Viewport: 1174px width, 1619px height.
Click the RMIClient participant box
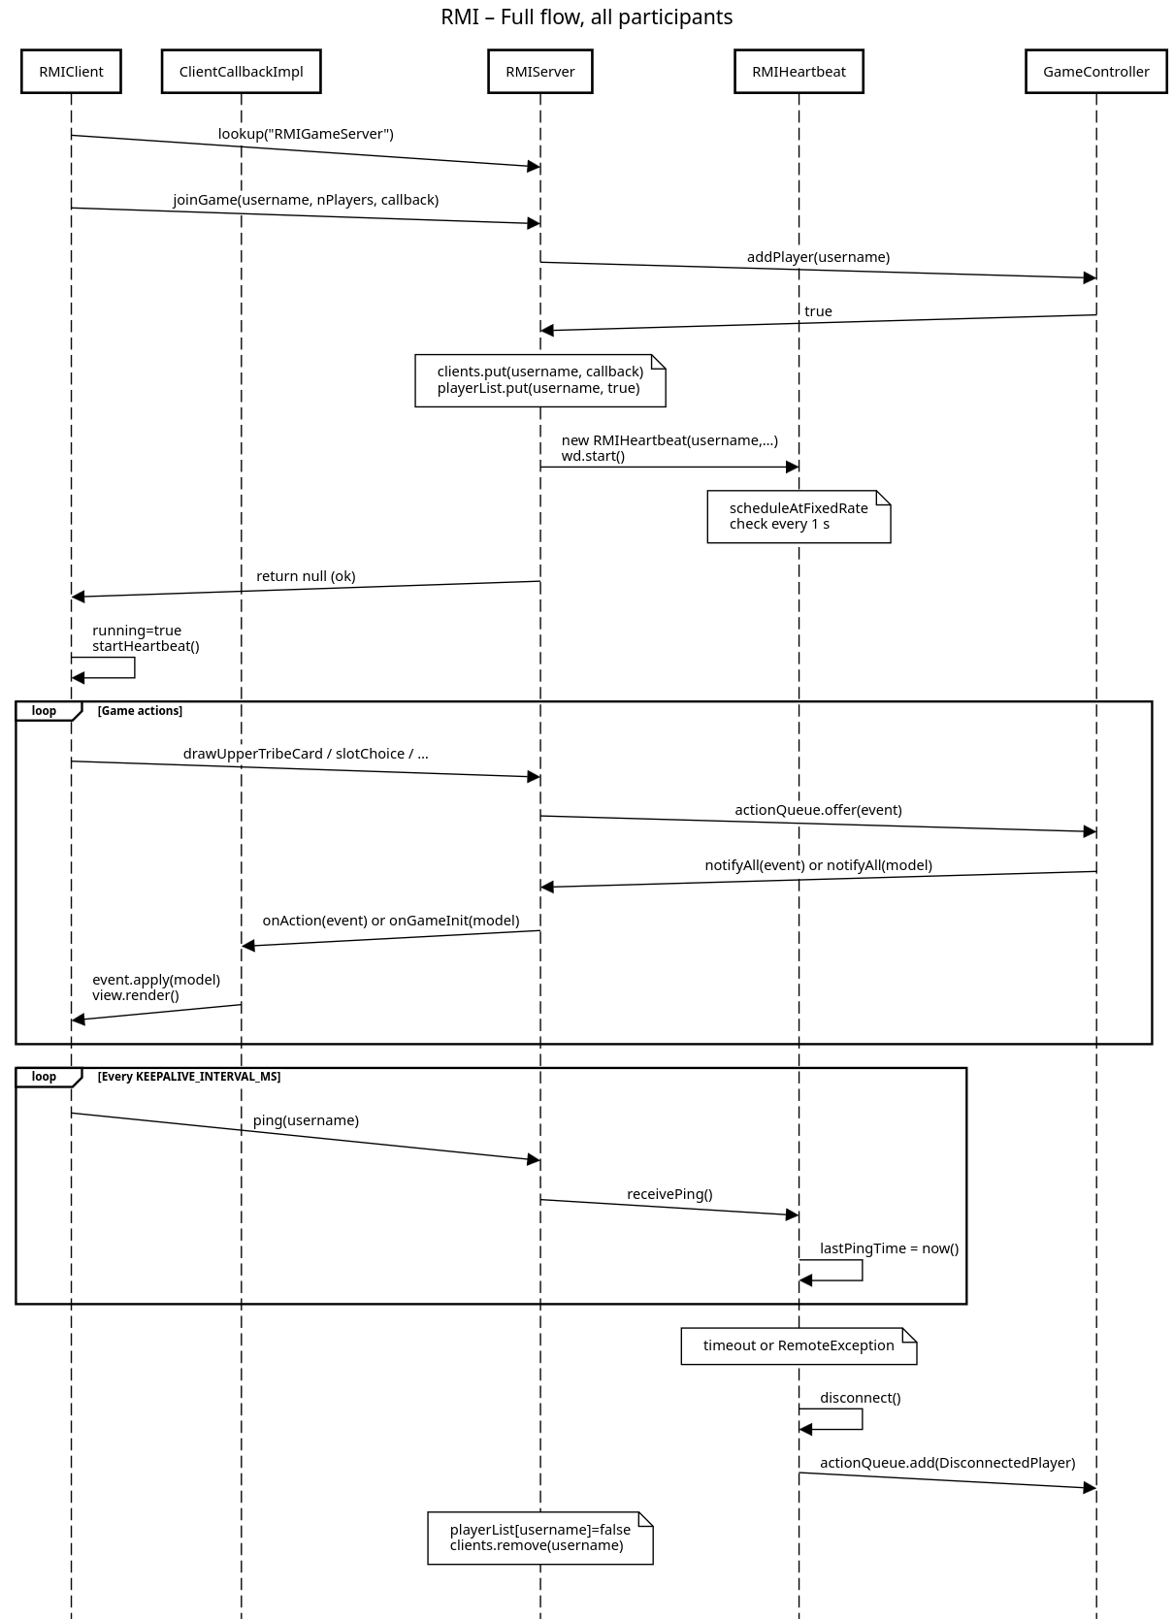(x=71, y=72)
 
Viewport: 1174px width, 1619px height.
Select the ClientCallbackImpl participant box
(x=241, y=72)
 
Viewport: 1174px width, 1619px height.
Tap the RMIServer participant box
(x=540, y=72)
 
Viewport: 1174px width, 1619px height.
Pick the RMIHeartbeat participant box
(x=799, y=72)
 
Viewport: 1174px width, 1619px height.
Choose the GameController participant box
(x=1096, y=72)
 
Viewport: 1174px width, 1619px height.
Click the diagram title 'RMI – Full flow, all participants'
(x=587, y=16)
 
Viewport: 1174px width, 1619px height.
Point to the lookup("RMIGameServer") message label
(x=306, y=134)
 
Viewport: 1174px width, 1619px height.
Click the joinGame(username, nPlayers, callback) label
(x=306, y=200)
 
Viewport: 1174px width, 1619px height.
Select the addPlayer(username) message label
(x=818, y=257)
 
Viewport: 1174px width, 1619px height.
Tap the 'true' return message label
(x=818, y=310)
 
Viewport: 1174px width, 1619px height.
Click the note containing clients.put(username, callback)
(x=540, y=380)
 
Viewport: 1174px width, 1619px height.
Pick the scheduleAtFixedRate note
(x=799, y=516)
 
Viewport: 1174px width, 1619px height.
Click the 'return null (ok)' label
(x=306, y=576)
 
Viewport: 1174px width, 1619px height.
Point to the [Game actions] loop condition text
(x=141, y=710)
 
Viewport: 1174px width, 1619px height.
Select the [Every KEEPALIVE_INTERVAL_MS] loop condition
(x=189, y=1076)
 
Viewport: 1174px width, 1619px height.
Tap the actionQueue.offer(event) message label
(x=818, y=809)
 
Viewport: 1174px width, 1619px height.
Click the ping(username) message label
(x=306, y=1119)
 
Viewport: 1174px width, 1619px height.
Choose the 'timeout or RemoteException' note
(x=799, y=1345)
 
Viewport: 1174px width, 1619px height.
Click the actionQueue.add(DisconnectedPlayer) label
(x=947, y=1462)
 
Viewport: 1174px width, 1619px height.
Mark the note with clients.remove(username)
(x=540, y=1538)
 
